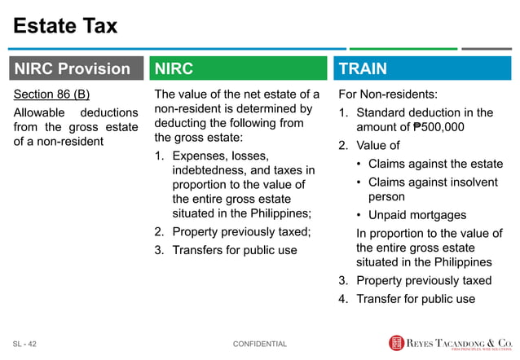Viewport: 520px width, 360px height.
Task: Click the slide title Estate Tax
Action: [65, 26]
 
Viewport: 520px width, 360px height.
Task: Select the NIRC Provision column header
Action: [72, 69]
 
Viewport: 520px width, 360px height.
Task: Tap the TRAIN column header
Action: [363, 69]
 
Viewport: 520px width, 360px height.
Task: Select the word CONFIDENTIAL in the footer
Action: [260, 344]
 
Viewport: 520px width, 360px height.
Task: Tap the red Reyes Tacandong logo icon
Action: [396, 343]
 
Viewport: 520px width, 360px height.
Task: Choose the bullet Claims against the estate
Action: [435, 164]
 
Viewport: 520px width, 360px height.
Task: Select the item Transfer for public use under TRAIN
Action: [416, 298]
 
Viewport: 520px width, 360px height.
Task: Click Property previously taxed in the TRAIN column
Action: [424, 280]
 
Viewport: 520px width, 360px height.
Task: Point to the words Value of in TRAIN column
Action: [378, 146]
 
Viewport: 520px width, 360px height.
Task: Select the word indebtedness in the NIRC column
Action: [212, 169]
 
